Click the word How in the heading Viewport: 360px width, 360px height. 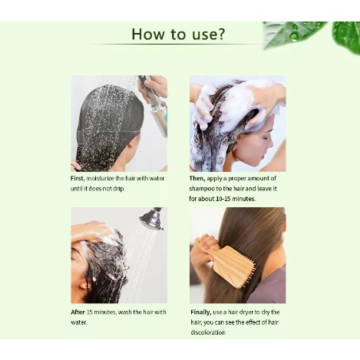(147, 34)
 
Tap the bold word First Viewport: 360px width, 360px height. (78, 178)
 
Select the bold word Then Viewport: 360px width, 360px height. (197, 178)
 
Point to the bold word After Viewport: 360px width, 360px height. (78, 312)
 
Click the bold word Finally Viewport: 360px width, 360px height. (201, 312)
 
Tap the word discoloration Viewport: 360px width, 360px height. (208, 332)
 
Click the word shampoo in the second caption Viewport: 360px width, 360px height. (198, 189)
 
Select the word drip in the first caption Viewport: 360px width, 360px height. (119, 189)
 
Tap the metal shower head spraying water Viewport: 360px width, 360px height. (152, 218)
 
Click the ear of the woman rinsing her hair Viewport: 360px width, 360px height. (83, 283)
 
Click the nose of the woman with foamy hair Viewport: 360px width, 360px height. (271, 147)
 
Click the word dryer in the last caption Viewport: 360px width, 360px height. (246, 312)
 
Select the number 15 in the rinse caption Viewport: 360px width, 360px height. (90, 312)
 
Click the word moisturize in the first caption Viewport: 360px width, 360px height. (101, 178)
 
